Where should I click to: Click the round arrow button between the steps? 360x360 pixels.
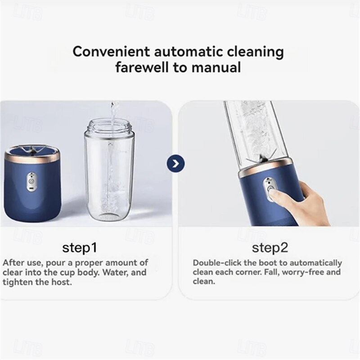pyautogui.click(x=175, y=164)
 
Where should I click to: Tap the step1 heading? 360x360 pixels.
pyautogui.click(x=80, y=248)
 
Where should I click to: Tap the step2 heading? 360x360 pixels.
pyautogui.click(x=270, y=248)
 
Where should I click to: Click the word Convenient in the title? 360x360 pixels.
pyautogui.click(x=111, y=51)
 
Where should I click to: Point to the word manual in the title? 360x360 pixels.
pyautogui.click(x=216, y=67)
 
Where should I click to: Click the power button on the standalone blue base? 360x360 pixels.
pyautogui.click(x=31, y=181)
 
